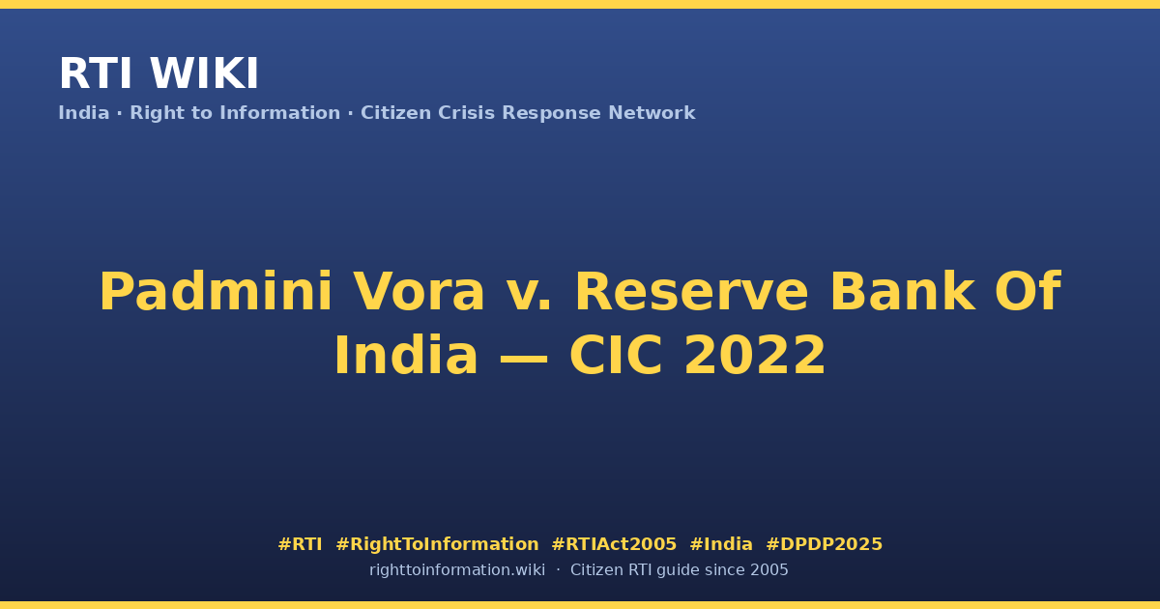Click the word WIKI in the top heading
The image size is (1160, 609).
click(x=204, y=73)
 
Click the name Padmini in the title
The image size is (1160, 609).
click(x=216, y=292)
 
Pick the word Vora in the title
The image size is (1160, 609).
click(x=419, y=293)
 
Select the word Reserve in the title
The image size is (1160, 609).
click(x=692, y=293)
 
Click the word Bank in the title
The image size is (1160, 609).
click(x=903, y=292)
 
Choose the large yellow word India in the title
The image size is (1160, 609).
click(x=406, y=355)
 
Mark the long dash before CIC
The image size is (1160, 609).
click(x=523, y=359)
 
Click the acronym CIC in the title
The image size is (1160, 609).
click(x=616, y=356)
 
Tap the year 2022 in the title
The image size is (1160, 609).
click(x=755, y=356)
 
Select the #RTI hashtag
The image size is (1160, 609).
click(x=300, y=544)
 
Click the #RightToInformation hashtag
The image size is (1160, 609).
click(x=437, y=544)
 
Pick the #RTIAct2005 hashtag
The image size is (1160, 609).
click(x=614, y=544)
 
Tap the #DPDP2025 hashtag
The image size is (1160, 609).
click(x=824, y=544)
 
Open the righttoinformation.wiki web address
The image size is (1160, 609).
click(x=457, y=570)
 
